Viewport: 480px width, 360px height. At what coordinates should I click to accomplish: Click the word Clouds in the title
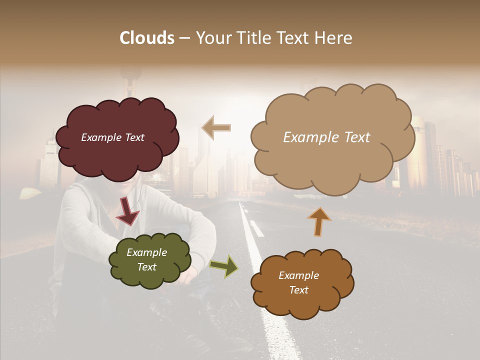147,38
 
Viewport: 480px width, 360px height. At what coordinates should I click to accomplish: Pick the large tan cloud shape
332,165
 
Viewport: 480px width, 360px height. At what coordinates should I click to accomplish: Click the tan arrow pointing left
216,127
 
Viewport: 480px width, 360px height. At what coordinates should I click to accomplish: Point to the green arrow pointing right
224,266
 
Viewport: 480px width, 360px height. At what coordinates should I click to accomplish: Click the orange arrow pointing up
319,221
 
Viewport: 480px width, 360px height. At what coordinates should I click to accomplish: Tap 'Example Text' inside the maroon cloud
112,137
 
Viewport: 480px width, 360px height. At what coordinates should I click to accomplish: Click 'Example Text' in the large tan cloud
326,137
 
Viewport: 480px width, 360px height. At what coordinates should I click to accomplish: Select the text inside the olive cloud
146,260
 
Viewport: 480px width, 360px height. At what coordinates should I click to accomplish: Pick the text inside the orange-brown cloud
298,282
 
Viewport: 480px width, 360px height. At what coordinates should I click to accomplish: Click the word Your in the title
213,38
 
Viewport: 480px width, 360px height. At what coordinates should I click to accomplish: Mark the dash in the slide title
184,38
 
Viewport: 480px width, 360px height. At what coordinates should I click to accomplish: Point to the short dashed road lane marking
256,228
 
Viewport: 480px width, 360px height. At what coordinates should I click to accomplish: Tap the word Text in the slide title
294,38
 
